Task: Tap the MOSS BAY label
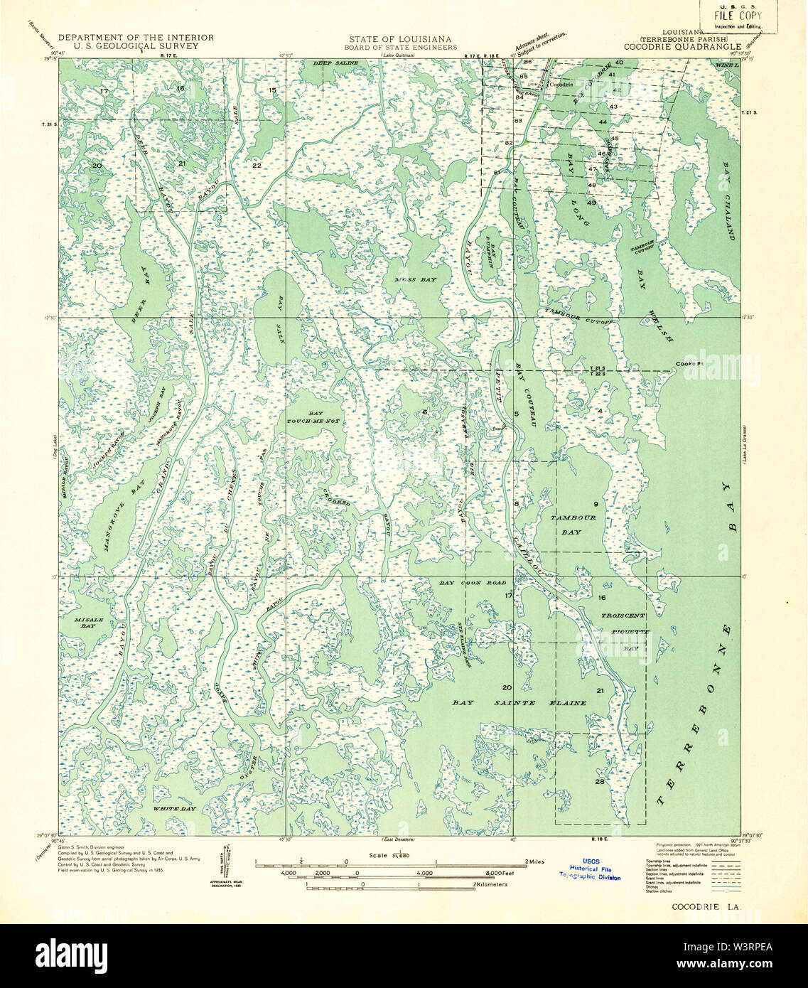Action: click(x=416, y=280)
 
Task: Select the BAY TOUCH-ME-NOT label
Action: click(x=324, y=417)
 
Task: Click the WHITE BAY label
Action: click(x=175, y=809)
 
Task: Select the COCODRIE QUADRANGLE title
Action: click(x=682, y=46)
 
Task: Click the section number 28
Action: click(x=600, y=781)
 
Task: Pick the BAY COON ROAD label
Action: click(x=473, y=583)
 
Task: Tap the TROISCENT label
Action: click(x=623, y=616)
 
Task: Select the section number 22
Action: click(x=257, y=166)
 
